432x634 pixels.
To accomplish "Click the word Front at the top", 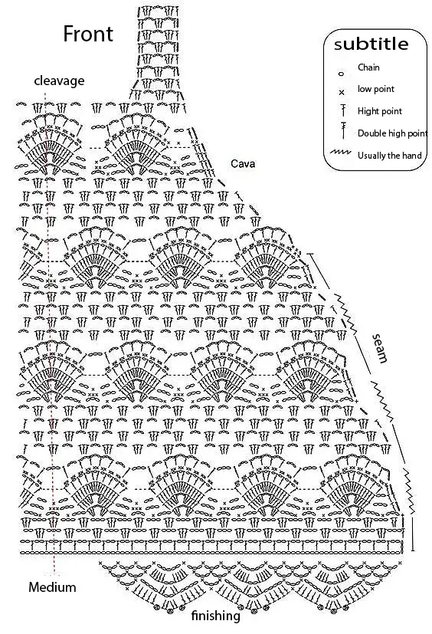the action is pos(88,34).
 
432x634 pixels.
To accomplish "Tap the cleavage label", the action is pos(59,80).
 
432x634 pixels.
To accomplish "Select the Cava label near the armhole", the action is pos(243,164).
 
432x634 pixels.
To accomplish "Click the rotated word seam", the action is pos(379,348).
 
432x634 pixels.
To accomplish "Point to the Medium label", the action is pos(52,587).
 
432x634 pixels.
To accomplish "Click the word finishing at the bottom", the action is pos(215,616).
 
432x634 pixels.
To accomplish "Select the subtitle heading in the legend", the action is pos(371,44).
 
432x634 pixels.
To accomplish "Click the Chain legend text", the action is pos(368,67).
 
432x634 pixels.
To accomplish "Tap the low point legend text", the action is pos(376,89).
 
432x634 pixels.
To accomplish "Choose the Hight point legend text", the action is pos(380,111).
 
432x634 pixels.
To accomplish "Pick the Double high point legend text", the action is pos(392,133).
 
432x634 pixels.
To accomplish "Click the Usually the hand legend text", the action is pos(390,156).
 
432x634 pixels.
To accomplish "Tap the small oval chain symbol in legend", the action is pos(342,74).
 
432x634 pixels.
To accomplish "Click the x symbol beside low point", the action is pos(342,93).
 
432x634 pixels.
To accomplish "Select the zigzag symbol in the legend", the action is pos(340,153).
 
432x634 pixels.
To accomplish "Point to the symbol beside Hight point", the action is pos(343,110).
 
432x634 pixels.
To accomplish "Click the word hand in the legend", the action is pos(412,156).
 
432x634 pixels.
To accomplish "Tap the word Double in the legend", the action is pos(370,133).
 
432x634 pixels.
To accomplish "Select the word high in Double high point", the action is pos(394,133).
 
